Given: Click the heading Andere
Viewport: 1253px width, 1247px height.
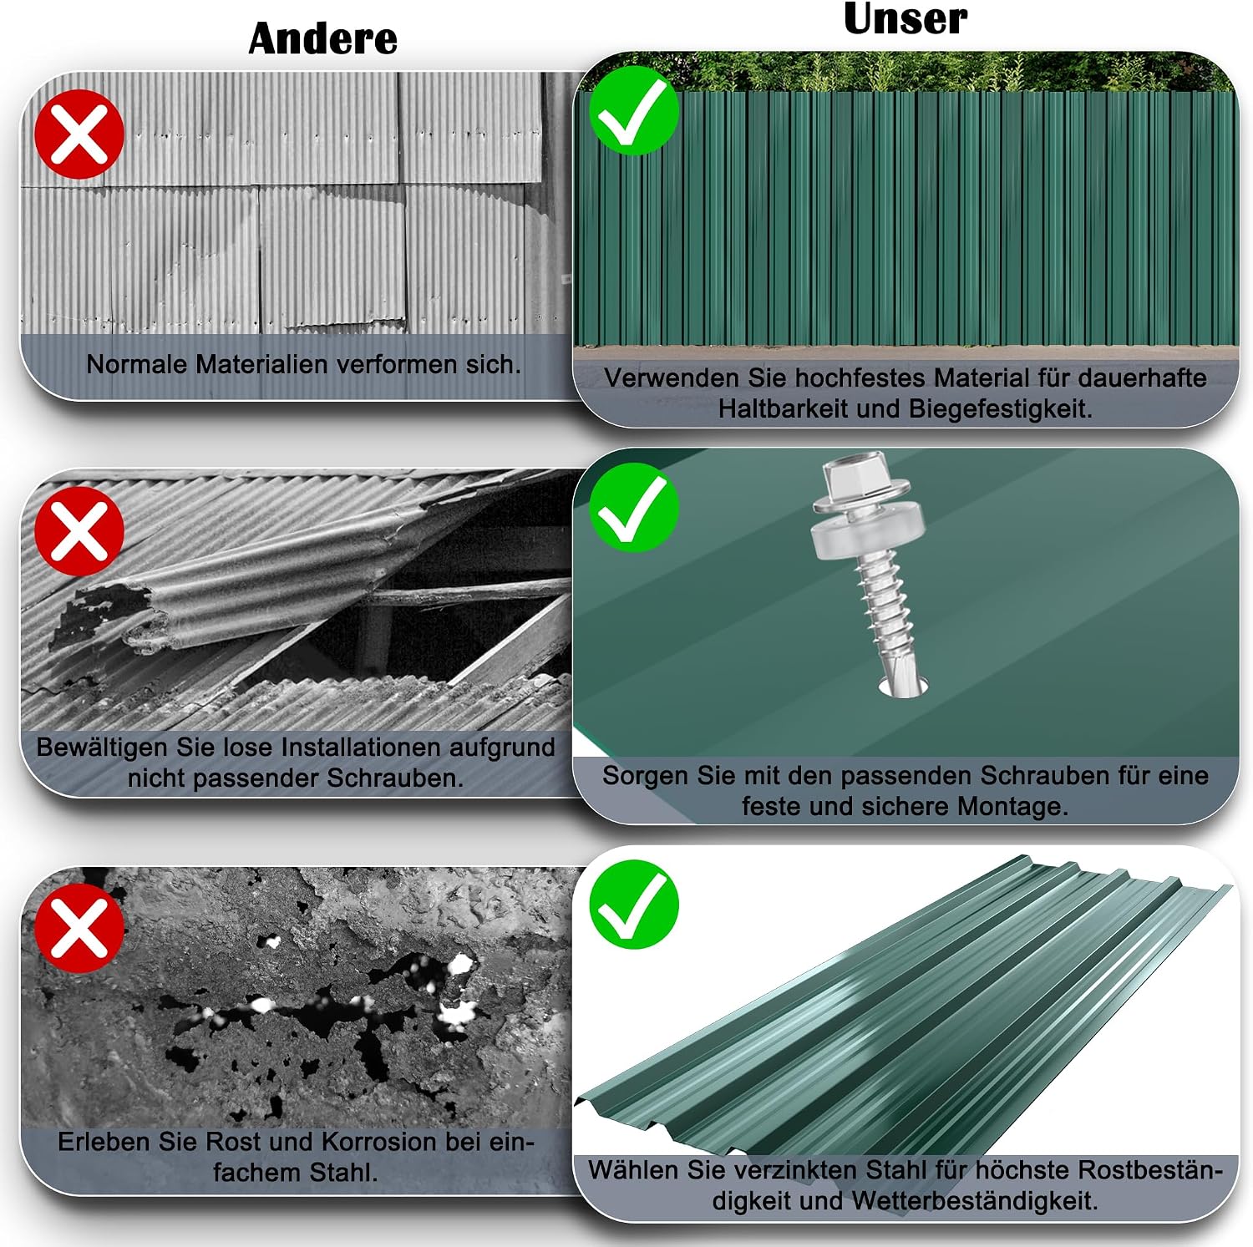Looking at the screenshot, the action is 323,39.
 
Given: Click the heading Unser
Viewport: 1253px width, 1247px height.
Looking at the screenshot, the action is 906,19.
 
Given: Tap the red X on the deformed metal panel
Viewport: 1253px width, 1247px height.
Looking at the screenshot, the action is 79,134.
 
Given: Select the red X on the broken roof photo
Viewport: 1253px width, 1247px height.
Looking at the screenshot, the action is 79,531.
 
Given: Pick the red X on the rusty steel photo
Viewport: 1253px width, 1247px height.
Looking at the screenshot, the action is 79,927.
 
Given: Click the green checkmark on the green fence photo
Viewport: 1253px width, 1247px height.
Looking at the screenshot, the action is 634,111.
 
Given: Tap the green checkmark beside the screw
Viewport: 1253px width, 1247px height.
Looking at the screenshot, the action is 634,507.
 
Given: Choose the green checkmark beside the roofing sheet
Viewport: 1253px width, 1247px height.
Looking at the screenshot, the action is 634,904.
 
